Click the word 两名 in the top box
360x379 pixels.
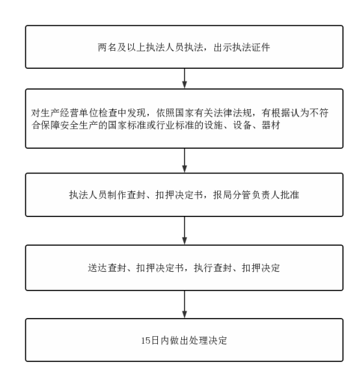click(107, 47)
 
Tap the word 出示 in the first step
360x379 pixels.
click(222, 47)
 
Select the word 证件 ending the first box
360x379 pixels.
click(261, 47)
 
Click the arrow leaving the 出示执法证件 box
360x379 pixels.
click(185, 78)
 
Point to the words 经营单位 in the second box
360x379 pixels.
click(79, 113)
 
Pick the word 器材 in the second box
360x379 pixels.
click(271, 125)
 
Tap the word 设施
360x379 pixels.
click(213, 125)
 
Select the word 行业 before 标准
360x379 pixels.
click(165, 125)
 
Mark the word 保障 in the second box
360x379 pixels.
click(50, 125)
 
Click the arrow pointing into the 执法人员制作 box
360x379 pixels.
click(185, 161)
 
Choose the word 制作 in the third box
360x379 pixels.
click(117, 195)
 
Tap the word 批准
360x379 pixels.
click(290, 195)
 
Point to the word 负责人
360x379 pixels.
click(266, 195)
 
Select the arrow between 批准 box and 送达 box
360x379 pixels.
click(185, 231)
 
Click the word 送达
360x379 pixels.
click(97, 268)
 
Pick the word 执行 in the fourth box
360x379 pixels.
click(203, 268)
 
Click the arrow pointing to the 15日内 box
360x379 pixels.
click(185, 304)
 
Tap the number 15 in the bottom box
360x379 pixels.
click(146, 341)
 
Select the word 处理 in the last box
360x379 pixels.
click(199, 341)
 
